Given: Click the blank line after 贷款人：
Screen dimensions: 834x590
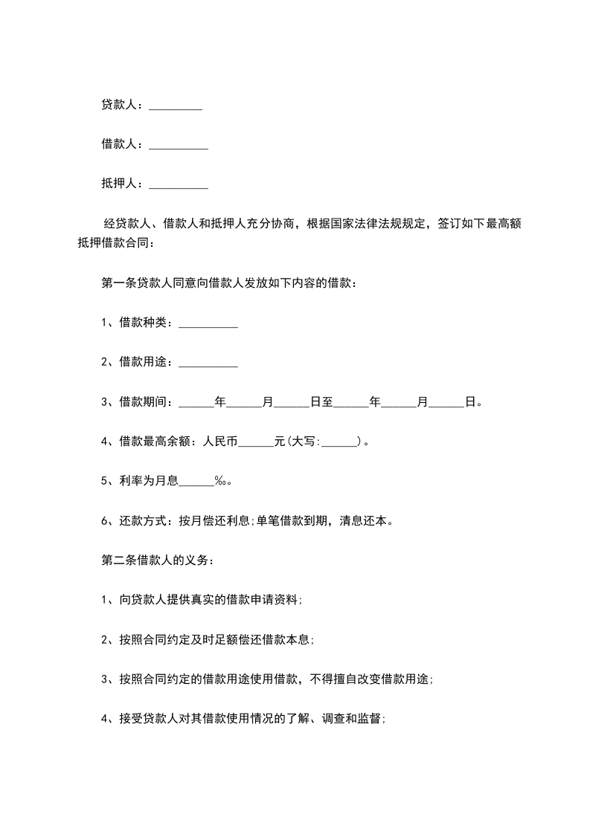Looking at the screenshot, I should pos(176,107).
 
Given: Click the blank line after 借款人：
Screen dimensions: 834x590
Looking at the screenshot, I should pos(179,145).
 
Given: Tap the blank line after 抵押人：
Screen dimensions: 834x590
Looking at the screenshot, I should pos(179,184).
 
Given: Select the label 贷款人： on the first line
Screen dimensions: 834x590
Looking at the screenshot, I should pos(124,106).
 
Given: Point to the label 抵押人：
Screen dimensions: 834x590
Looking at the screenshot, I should pos(124,183).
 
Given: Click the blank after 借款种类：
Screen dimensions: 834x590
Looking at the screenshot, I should pos(208,323).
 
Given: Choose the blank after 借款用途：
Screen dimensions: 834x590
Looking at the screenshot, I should pos(208,363).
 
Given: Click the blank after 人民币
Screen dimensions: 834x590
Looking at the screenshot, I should pos(257,442).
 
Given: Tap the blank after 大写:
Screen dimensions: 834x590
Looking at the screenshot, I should pos(341,442).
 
